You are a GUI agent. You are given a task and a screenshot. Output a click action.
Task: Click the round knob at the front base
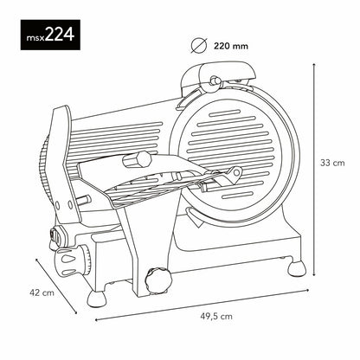coord(157,279)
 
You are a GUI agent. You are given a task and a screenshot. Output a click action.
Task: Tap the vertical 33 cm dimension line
coord(312,161)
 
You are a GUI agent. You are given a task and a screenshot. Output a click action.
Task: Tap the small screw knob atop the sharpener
coord(212,82)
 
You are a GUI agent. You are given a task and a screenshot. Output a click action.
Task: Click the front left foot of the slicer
coord(97,298)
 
